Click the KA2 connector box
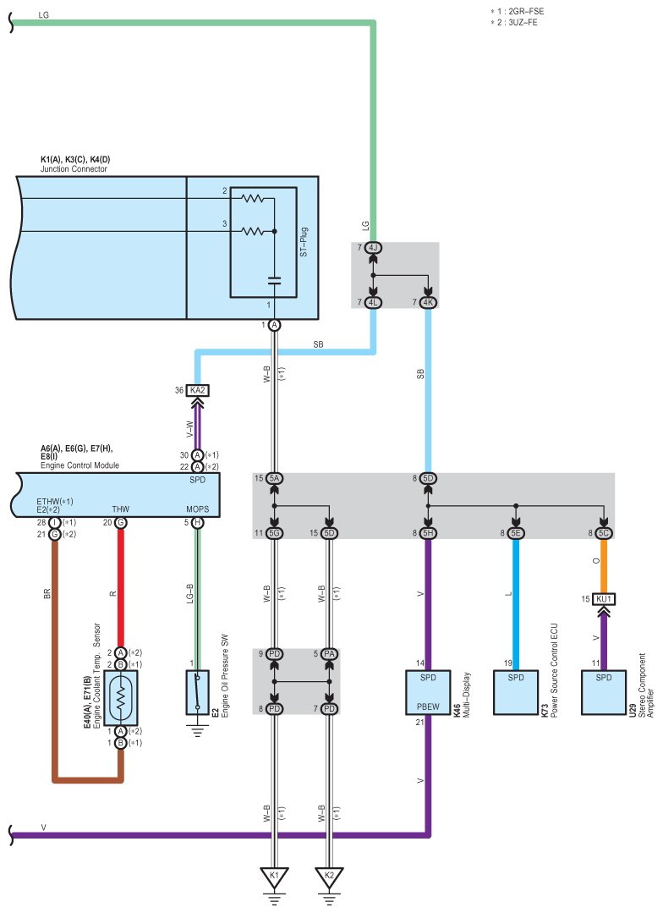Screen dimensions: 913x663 tap(198, 390)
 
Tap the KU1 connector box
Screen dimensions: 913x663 tap(603, 599)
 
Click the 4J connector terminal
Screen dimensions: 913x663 tap(373, 248)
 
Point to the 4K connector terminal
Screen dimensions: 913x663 tap(428, 302)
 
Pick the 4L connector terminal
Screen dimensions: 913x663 tap(373, 302)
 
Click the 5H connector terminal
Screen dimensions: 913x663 tap(428, 532)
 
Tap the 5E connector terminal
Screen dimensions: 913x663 tap(516, 532)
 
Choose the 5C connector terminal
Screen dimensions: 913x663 tap(603, 532)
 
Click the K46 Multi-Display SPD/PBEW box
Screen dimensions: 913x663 tap(428, 691)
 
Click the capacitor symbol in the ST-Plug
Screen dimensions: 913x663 tap(274, 279)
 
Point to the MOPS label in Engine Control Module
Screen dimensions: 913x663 tap(197, 509)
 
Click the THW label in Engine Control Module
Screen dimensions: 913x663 tap(121, 509)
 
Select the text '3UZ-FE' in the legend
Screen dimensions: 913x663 tap(519, 22)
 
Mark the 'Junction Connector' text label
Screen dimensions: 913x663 tap(74, 169)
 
